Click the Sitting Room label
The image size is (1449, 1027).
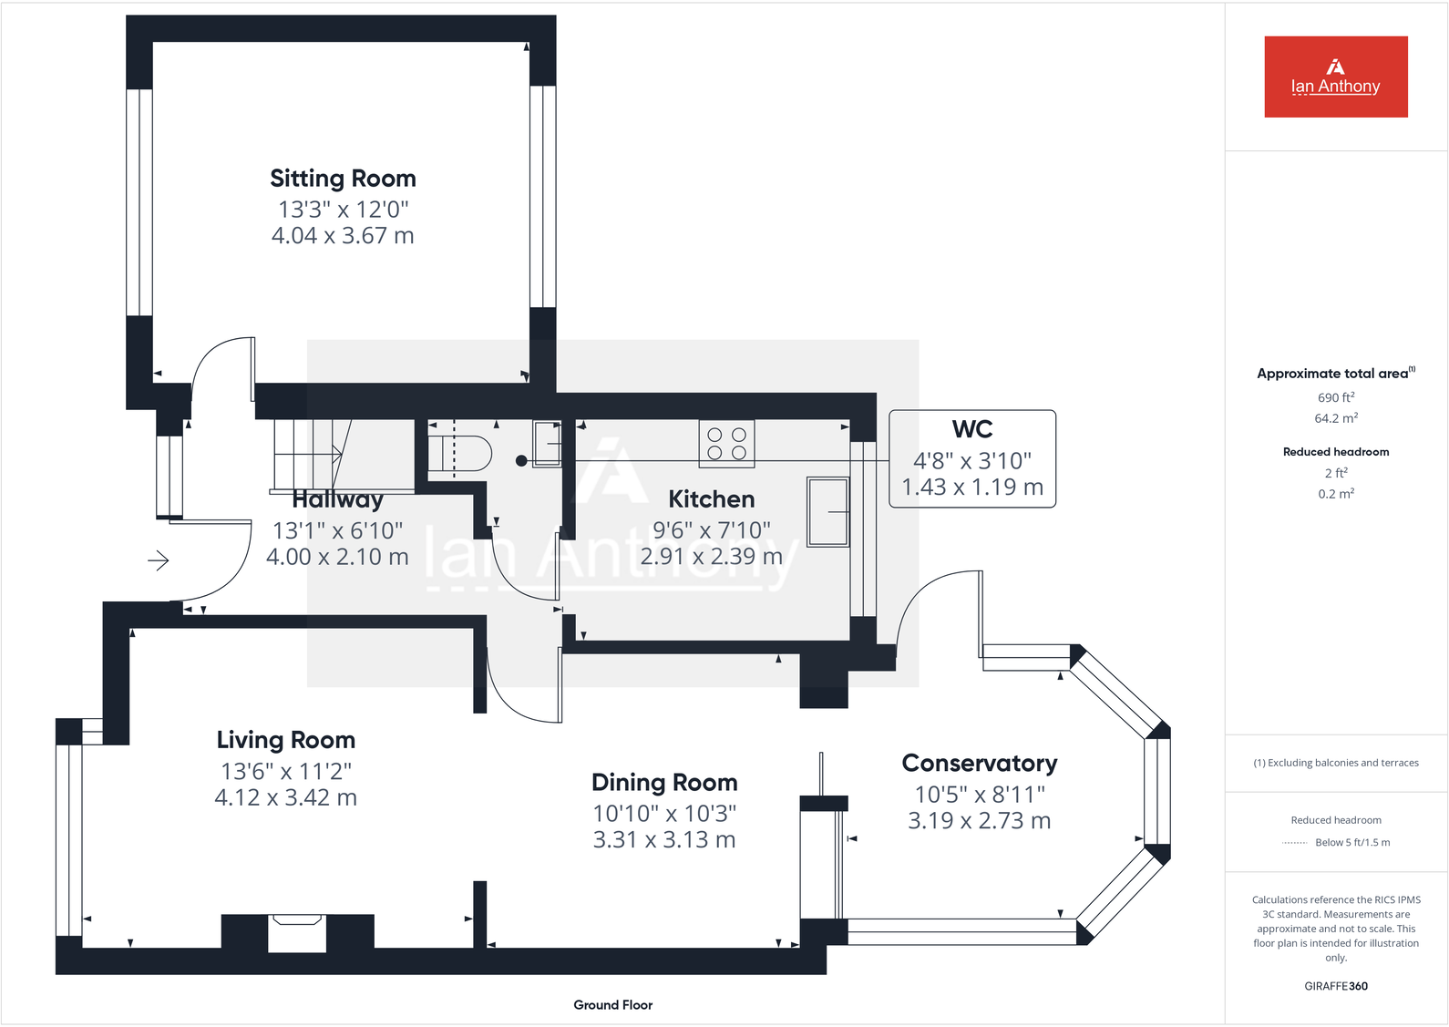[343, 179]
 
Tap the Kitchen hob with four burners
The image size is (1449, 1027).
[726, 444]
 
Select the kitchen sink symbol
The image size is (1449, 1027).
[827, 512]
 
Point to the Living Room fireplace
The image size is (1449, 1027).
[297, 933]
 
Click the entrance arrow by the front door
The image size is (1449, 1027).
[159, 560]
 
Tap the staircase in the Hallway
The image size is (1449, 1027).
[310, 454]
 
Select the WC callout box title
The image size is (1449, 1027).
[971, 429]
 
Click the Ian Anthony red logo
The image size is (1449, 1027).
[1335, 77]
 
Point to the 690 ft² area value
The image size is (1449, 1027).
[1335, 397]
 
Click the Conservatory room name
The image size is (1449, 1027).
[979, 763]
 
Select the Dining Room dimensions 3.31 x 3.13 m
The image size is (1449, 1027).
[663, 839]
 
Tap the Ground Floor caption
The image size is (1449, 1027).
[612, 1004]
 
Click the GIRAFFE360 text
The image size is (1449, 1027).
[1335, 986]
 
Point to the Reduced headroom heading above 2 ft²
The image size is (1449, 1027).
[1335, 452]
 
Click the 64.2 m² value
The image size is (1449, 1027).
[1335, 418]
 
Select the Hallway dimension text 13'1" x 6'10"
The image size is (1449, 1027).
[337, 530]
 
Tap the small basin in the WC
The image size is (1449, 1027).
[547, 443]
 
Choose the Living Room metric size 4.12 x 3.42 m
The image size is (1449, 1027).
[285, 797]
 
